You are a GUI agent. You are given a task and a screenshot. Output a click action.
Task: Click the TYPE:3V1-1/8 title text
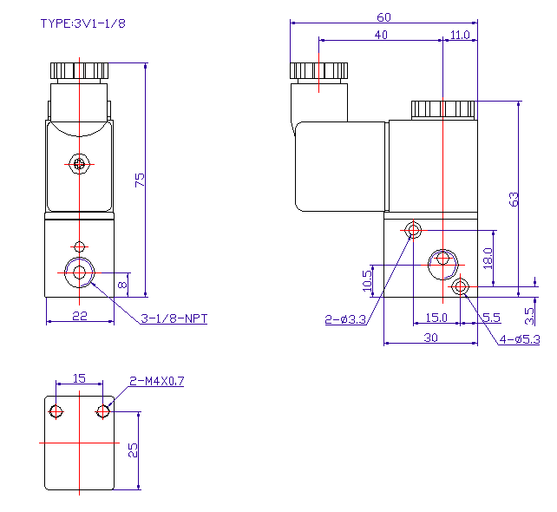click(x=83, y=23)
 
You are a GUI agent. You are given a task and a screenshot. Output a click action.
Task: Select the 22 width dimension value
click(x=79, y=317)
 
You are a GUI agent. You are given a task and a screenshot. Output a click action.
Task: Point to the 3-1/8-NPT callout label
click(x=174, y=318)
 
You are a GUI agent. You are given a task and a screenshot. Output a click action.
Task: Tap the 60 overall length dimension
click(x=383, y=16)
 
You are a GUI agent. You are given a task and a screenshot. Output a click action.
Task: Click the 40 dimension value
click(x=380, y=35)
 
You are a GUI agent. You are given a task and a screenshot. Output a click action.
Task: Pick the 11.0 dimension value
click(x=460, y=35)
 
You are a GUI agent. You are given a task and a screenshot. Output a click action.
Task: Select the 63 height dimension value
click(x=514, y=198)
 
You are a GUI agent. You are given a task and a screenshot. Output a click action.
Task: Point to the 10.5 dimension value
click(x=367, y=279)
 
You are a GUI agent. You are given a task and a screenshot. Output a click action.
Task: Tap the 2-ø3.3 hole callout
click(x=346, y=320)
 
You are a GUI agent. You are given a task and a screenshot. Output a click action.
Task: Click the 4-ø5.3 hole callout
click(x=521, y=339)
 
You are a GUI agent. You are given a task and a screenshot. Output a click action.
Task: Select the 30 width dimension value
click(x=430, y=338)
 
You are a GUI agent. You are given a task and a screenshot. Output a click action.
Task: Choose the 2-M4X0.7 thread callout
click(x=157, y=381)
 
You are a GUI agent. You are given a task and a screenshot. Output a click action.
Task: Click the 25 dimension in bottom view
click(x=133, y=450)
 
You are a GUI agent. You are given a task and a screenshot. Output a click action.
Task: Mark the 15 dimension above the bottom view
click(x=79, y=378)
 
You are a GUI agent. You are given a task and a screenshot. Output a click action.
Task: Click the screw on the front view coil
click(x=81, y=163)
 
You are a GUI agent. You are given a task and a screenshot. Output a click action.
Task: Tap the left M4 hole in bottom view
click(x=56, y=410)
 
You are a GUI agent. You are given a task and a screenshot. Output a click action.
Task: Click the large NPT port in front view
click(x=81, y=272)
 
